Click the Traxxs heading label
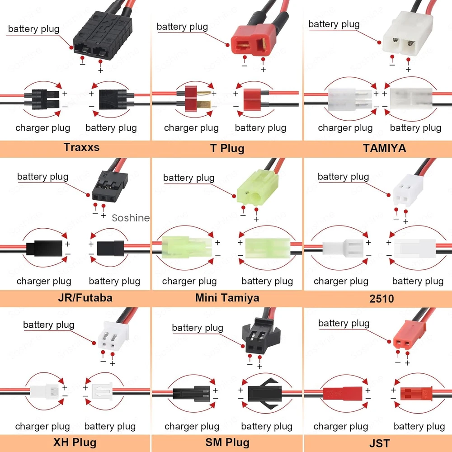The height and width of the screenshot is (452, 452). point(81,147)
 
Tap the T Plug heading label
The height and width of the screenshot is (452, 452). point(227,148)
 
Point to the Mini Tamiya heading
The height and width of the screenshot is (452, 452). point(227,297)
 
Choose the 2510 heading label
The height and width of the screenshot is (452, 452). point(381,298)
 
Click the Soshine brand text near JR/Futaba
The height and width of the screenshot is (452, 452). point(131,218)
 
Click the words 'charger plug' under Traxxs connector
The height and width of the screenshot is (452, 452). point(42,127)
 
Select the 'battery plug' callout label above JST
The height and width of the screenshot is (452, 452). point(344,323)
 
